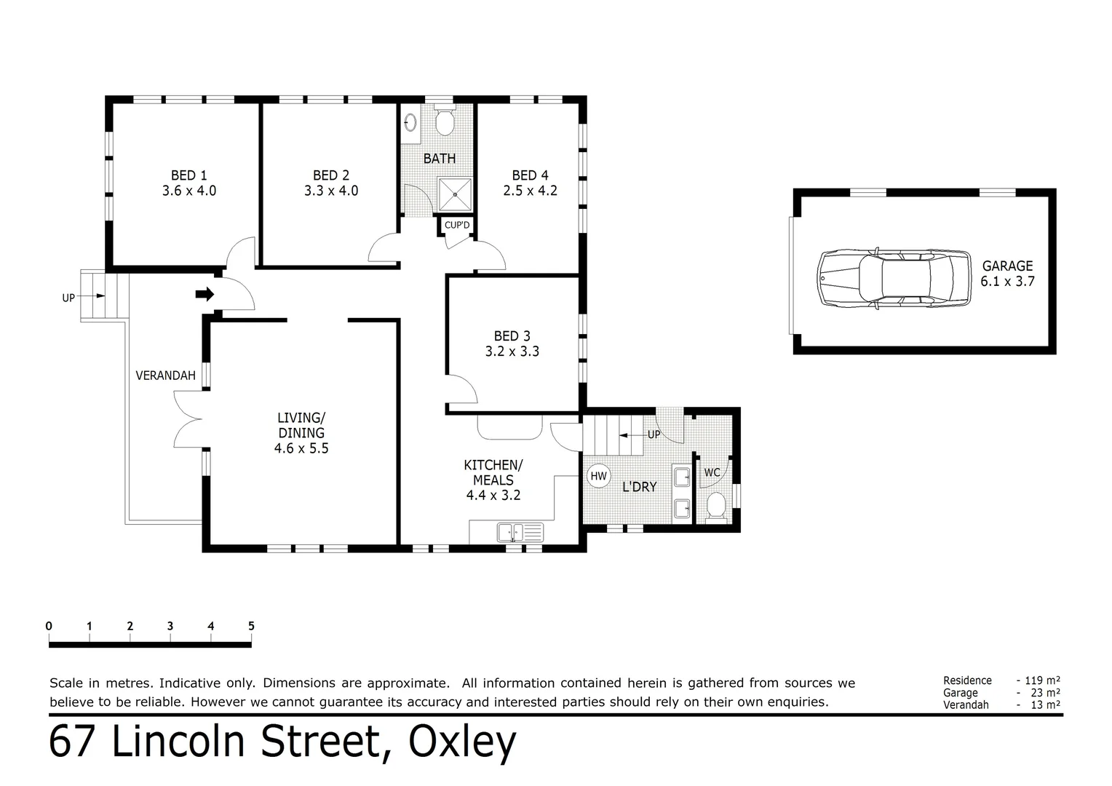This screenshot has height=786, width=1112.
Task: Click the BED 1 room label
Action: pos(188,175)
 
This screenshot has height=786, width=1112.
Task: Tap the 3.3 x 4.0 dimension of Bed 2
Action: pos(331,191)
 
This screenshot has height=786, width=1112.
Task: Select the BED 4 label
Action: pos(530,175)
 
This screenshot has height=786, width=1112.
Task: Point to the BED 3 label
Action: pos(512,336)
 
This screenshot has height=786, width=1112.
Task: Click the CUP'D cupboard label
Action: pos(457,226)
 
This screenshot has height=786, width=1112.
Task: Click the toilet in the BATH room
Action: pos(445,121)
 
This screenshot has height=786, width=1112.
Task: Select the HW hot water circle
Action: pos(598,477)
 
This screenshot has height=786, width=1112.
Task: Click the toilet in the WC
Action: pos(717,505)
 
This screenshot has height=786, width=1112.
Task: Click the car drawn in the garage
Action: pos(894,279)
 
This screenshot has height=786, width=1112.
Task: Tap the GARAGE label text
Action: pos(1007,266)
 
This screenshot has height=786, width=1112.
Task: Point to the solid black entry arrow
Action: pos(204,294)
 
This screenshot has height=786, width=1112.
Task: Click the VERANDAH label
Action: pos(166,376)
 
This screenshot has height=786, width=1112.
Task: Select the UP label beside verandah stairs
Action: pos(68,298)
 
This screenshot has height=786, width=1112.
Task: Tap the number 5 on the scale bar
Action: pos(251,626)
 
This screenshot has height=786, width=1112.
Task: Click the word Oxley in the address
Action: pos(462,742)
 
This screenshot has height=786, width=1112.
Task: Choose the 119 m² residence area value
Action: pos(1041,680)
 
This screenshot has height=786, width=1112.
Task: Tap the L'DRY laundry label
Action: pos(639,487)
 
